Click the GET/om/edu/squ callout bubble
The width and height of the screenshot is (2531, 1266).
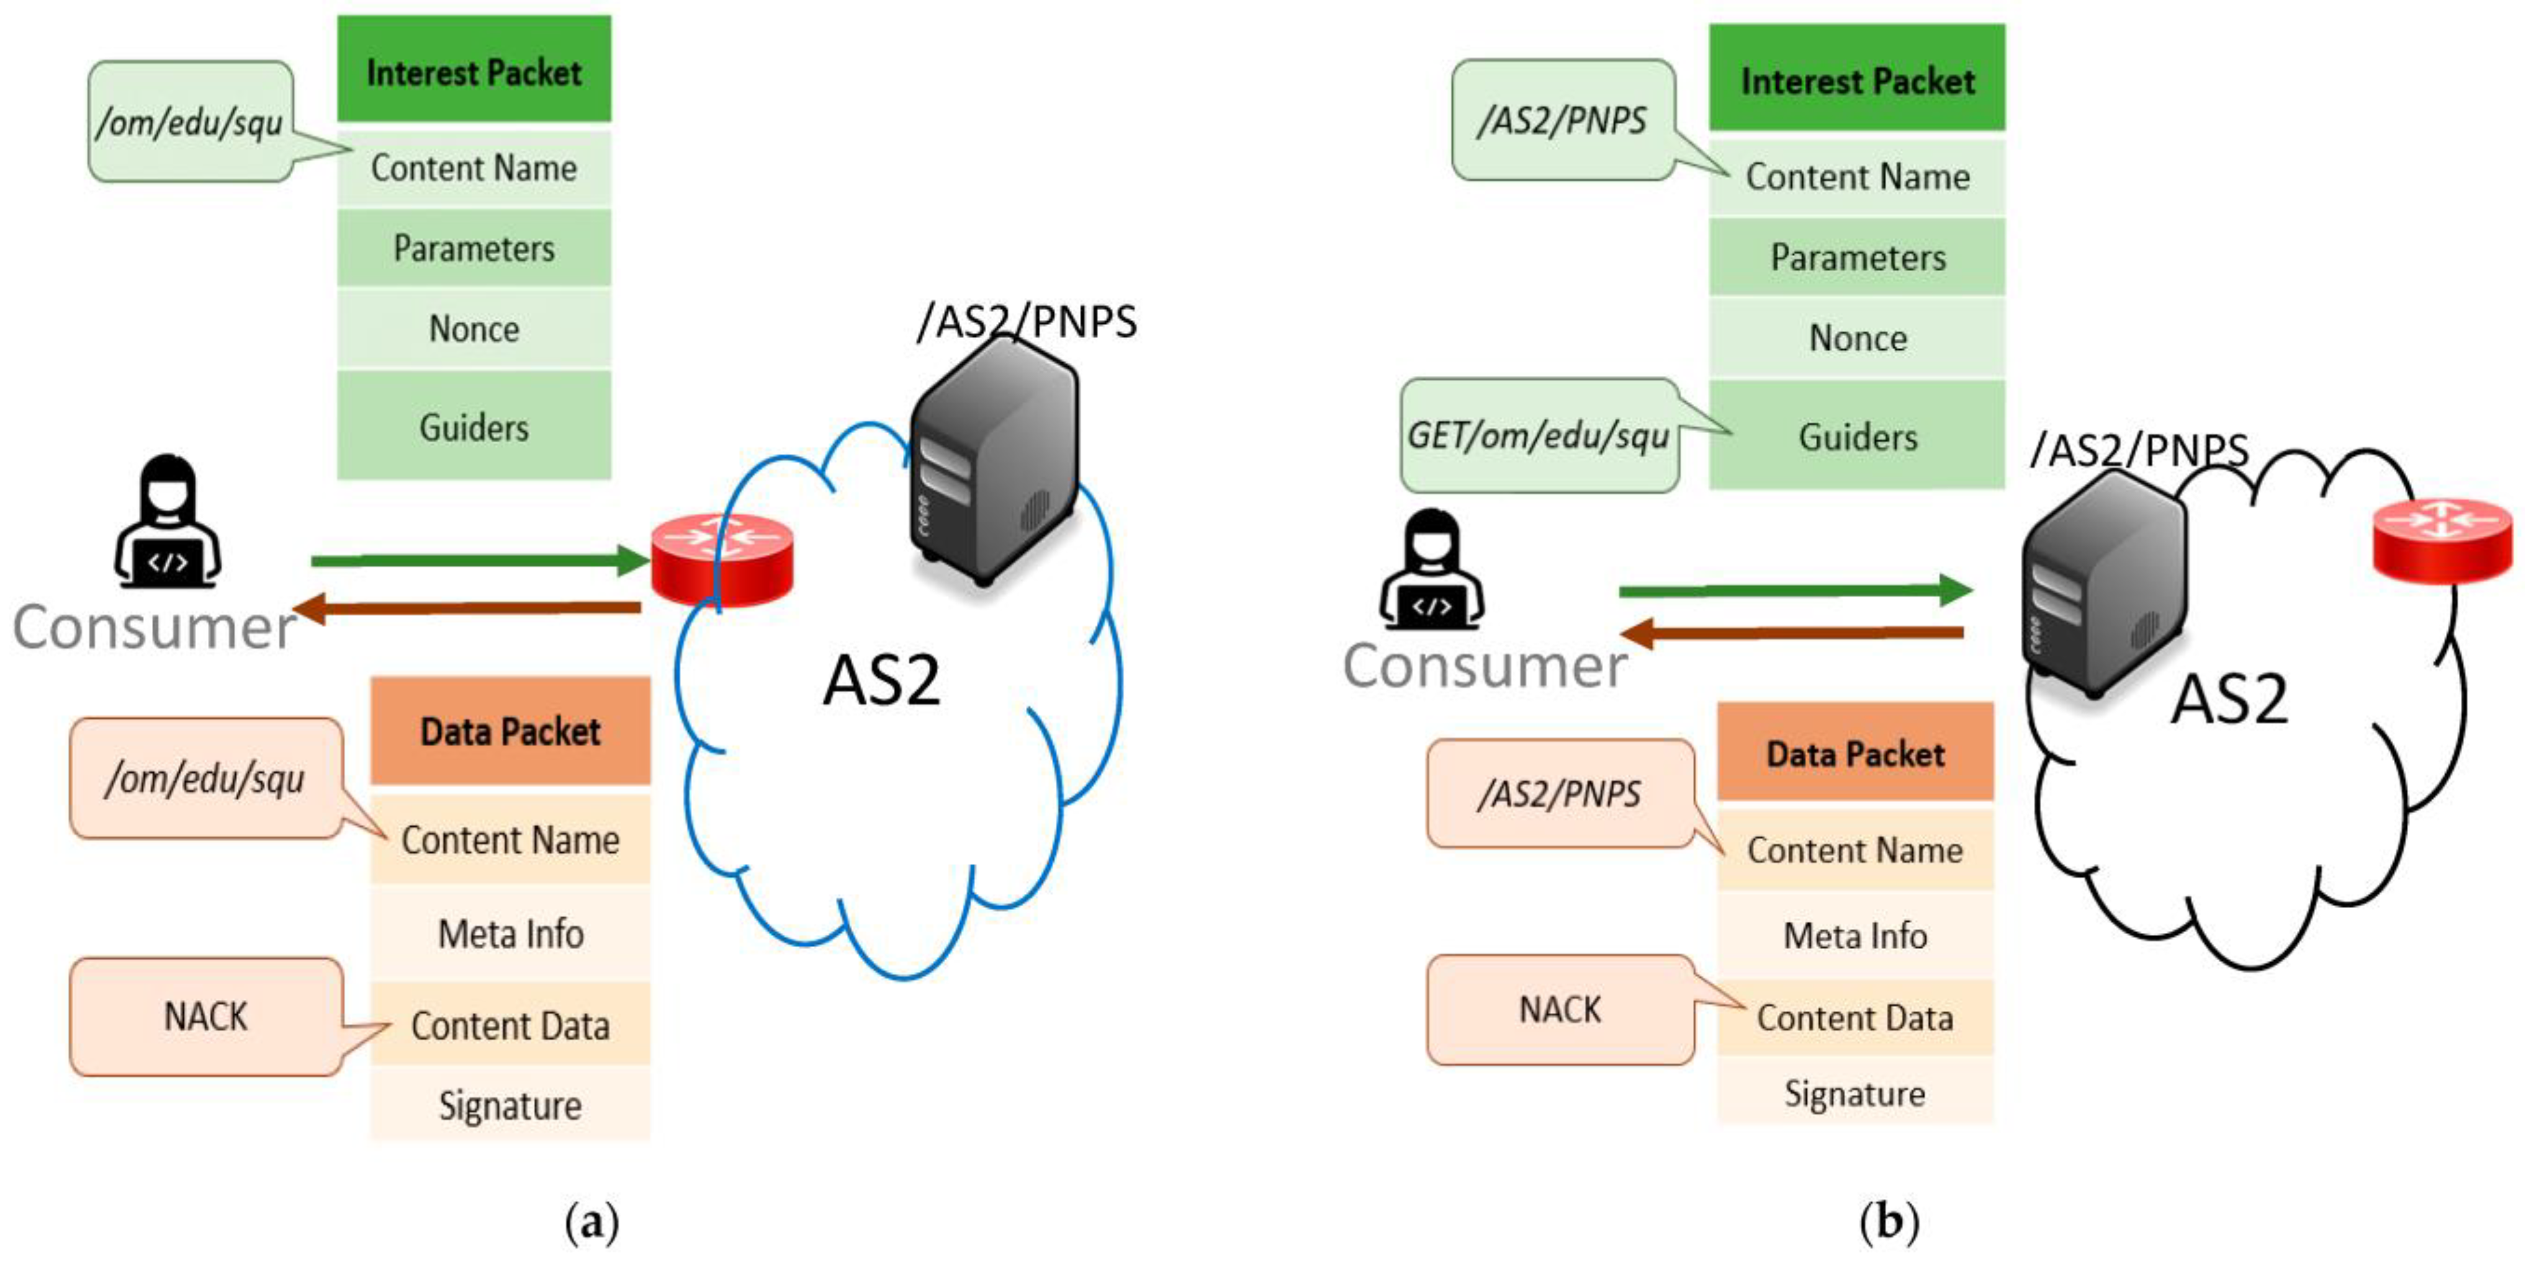[x=1538, y=435]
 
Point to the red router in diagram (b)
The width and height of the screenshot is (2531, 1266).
[x=2442, y=539]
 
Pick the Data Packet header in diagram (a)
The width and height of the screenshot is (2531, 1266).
[x=510, y=731]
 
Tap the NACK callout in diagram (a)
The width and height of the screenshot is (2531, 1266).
[x=205, y=1015]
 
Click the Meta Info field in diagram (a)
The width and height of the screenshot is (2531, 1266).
[x=510, y=933]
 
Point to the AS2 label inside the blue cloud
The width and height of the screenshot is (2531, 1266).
[x=881, y=680]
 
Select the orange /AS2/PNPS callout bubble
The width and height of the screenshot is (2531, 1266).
[x=1559, y=793]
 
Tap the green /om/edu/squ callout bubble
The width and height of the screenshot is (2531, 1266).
[x=190, y=122]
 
